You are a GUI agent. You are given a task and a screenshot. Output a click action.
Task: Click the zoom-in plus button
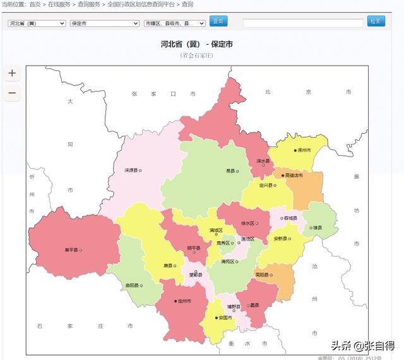click(x=12, y=73)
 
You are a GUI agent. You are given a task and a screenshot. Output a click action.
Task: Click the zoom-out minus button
click(x=12, y=93)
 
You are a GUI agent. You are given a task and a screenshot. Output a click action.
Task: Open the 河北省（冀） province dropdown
click(x=37, y=23)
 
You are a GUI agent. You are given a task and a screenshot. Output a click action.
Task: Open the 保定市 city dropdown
click(x=104, y=23)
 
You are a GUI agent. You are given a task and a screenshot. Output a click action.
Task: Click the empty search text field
click(x=303, y=22)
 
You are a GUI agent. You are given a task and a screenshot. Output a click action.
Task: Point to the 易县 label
click(x=232, y=171)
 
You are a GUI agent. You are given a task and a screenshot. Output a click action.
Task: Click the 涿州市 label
click(x=305, y=150)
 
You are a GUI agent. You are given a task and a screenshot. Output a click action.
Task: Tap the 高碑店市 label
click(x=292, y=175)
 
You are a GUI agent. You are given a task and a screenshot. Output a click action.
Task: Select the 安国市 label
click(x=225, y=317)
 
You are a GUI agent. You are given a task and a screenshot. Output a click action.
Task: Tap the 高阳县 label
click(x=264, y=275)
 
